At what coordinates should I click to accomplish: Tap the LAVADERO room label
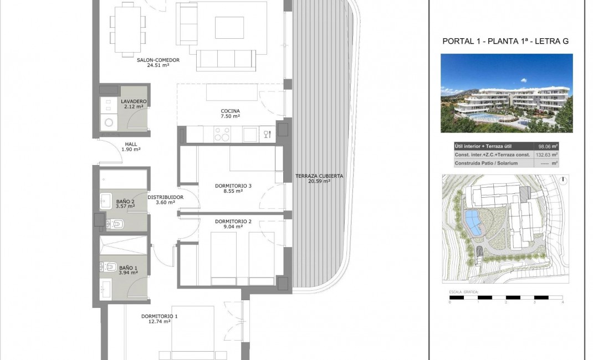pos(133,101)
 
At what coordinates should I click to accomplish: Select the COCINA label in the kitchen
pos(229,111)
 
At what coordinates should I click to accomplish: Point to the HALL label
pos(131,143)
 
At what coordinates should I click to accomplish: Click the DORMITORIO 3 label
pos(233,186)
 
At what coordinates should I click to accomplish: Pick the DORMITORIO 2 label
pos(233,222)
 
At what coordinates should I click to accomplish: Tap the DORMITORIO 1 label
pos(160,316)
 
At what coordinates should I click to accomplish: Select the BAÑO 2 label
pos(125,202)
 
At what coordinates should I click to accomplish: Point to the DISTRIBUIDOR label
pos(165,197)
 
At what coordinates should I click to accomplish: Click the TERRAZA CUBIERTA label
pos(319,176)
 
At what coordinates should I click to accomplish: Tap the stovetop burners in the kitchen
pos(222,134)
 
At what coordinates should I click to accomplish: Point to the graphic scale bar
pos(505,298)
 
